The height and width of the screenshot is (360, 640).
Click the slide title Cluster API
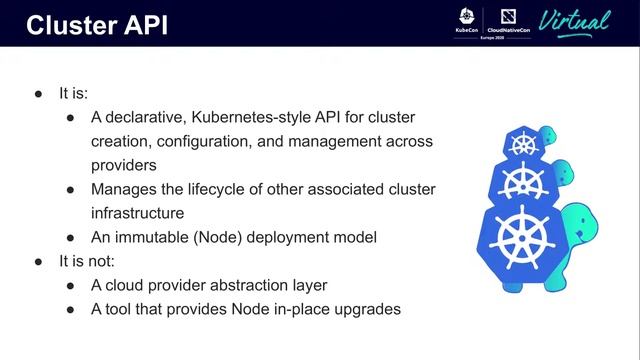[96, 25]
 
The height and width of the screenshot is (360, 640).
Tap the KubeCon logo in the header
[467, 22]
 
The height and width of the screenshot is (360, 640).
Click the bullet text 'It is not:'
[87, 262]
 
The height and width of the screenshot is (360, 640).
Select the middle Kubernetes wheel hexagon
[523, 183]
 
